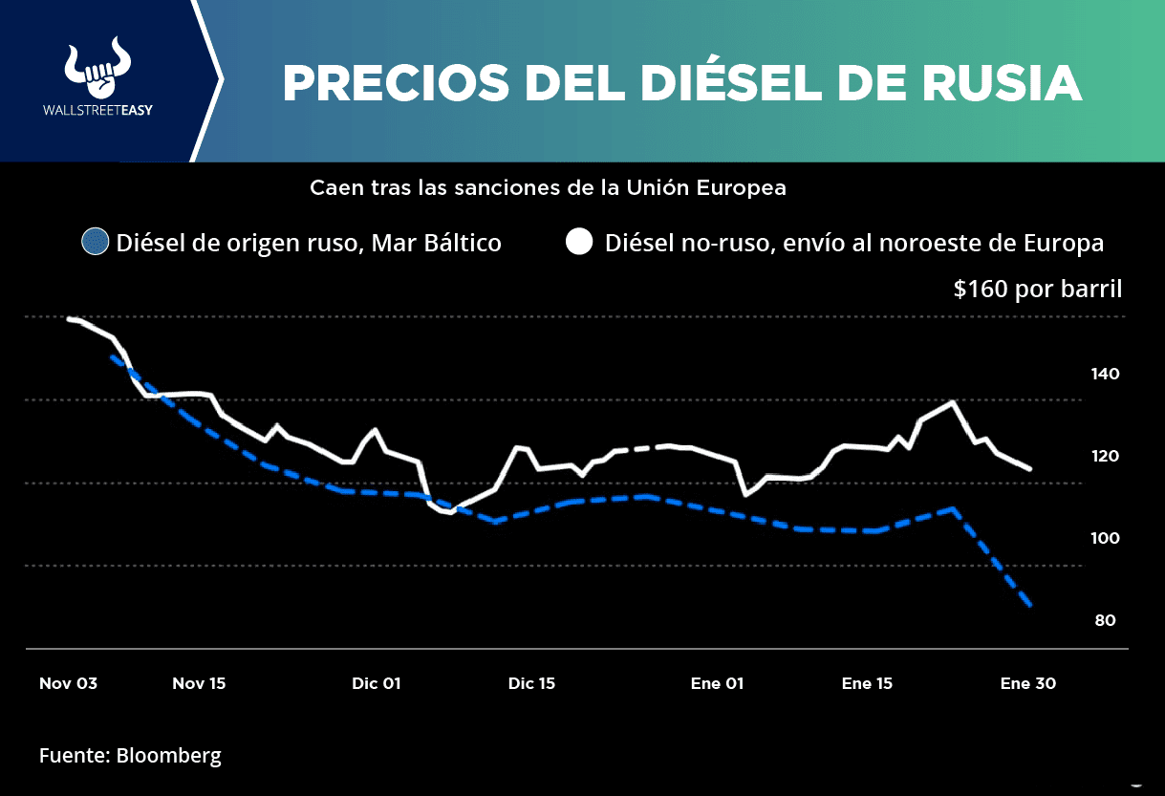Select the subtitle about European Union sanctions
tap(548, 188)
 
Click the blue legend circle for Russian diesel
tap(96, 243)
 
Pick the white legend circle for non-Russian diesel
tap(578, 243)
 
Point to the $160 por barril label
tap(1037, 289)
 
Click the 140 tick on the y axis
tap(1105, 374)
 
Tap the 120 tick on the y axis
tap(1105, 456)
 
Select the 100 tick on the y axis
tap(1105, 538)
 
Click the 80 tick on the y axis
tap(1105, 620)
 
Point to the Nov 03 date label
tap(68, 683)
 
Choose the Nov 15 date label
tap(199, 683)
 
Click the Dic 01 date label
tap(376, 683)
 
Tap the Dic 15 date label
tap(531, 683)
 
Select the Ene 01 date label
tap(717, 683)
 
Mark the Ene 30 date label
tap(1027, 683)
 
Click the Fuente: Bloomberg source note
tap(130, 756)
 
